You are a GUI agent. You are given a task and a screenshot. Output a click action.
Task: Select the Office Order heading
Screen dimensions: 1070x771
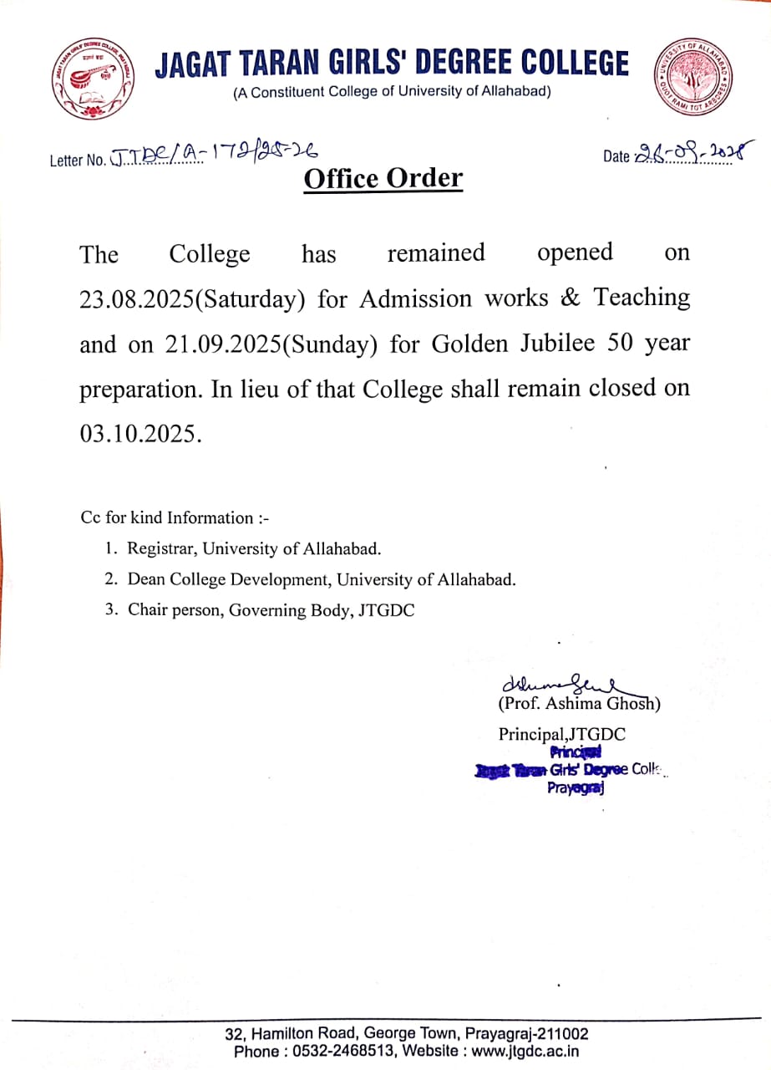click(383, 178)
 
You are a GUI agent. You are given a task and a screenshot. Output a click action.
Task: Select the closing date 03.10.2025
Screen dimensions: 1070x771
click(139, 434)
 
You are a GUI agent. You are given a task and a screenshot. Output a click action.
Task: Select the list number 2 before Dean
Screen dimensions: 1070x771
click(110, 579)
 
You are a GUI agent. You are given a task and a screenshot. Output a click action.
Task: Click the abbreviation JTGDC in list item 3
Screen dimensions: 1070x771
click(386, 610)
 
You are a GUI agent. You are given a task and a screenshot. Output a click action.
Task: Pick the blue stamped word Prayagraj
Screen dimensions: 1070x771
click(576, 787)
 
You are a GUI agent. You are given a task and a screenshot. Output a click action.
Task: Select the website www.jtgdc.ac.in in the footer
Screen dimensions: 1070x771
click(525, 1051)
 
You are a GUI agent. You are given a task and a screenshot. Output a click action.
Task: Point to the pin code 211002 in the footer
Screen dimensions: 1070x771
click(563, 1034)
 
